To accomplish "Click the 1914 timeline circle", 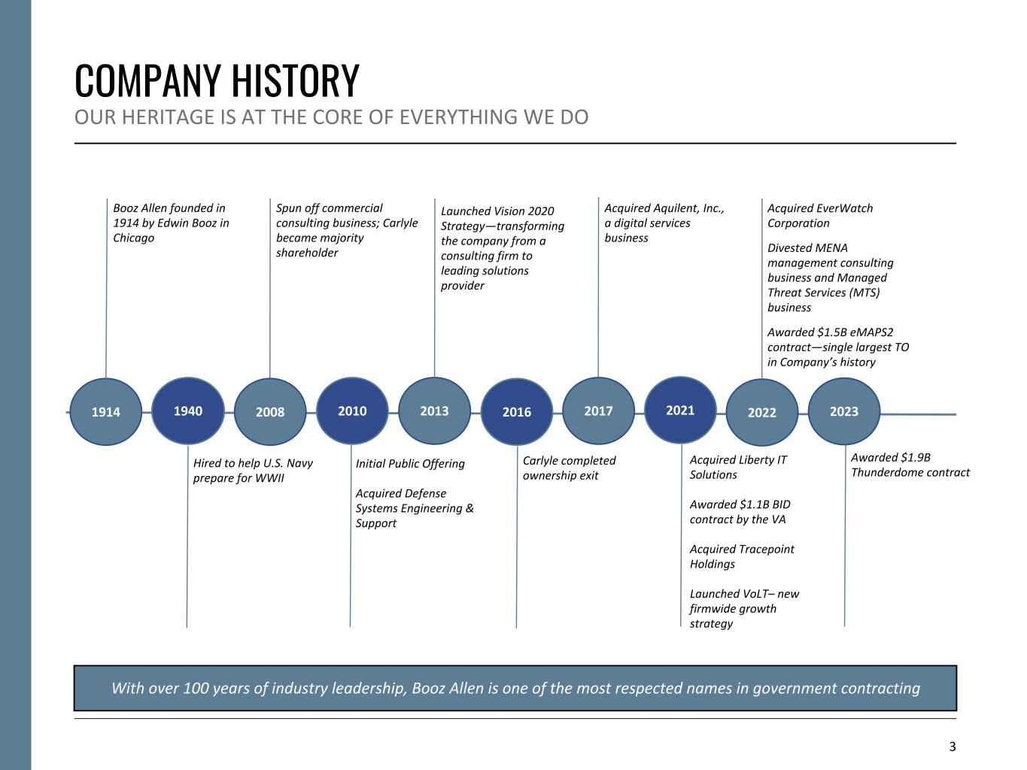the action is [106, 411].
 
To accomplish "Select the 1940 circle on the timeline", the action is [188, 411].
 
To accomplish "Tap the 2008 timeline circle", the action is [270, 411].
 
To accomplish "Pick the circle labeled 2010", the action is [352, 411].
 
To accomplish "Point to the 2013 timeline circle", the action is [435, 411].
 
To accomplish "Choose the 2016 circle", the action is [517, 411].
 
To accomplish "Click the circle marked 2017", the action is [598, 411].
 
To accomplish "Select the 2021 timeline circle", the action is [680, 410].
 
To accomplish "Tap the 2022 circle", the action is [761, 412].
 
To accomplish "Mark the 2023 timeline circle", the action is [844, 411].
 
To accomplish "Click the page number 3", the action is [953, 747].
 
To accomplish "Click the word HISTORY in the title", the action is [296, 80].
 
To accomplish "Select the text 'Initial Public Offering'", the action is [410, 464].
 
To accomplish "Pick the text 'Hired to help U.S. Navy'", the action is [253, 463].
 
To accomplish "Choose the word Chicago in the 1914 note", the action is [133, 238].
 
